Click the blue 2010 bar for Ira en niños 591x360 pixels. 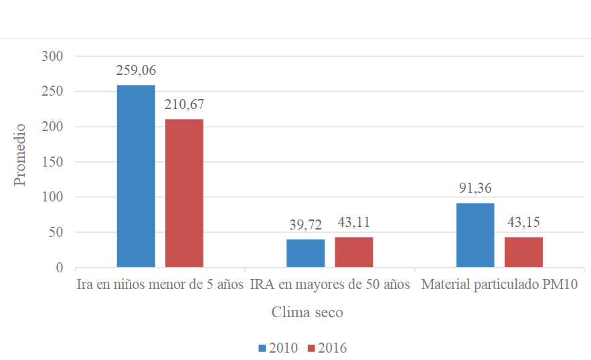(x=136, y=177)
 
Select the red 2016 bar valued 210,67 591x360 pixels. (x=184, y=193)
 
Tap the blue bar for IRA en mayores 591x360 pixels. (x=305, y=254)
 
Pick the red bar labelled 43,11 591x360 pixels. (x=353, y=252)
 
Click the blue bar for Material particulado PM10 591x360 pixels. (x=475, y=236)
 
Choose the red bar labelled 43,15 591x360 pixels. (x=523, y=252)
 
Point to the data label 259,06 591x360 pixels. (x=136, y=70)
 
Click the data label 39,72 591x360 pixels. (x=305, y=225)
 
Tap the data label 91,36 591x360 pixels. (x=475, y=189)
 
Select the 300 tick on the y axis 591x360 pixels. (x=52, y=56)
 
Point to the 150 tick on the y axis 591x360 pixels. (x=52, y=162)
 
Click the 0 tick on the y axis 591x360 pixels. (x=59, y=268)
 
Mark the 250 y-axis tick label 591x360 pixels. (x=52, y=92)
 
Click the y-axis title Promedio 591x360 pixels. (x=20, y=155)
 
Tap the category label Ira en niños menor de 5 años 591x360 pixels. (x=159, y=285)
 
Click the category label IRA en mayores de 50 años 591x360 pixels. (x=329, y=285)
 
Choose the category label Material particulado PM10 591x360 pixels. (x=499, y=285)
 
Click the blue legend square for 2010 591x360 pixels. (x=262, y=348)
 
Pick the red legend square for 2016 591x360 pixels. (x=312, y=348)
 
